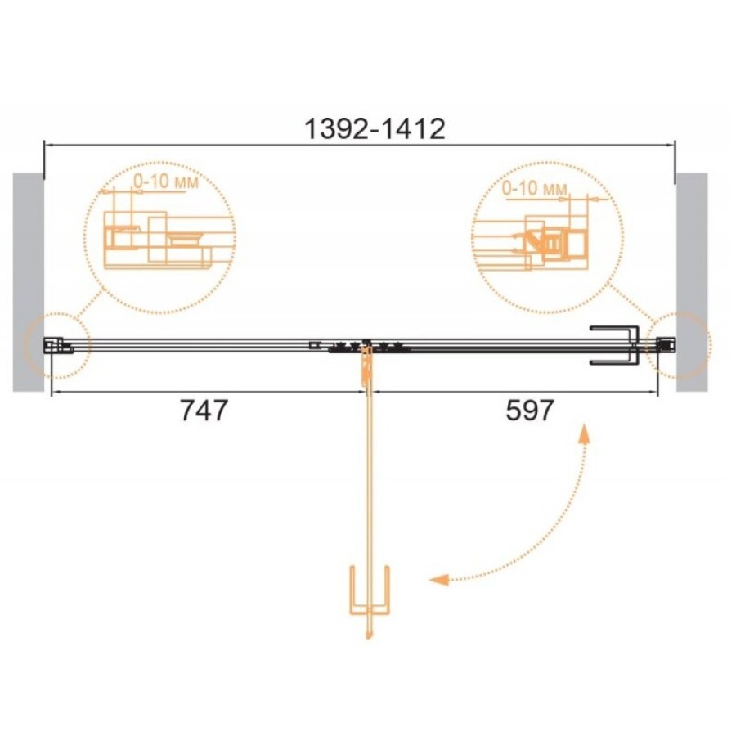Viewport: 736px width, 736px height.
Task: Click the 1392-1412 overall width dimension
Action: click(375, 129)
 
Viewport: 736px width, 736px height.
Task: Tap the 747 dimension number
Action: click(204, 411)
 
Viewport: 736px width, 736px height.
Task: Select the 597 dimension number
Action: click(530, 411)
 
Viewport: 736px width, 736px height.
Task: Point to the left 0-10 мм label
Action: click(166, 182)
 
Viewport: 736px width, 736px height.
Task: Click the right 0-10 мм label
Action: click(535, 189)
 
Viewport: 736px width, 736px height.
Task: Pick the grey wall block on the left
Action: click(28, 282)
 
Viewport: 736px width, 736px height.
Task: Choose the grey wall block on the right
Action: click(692, 282)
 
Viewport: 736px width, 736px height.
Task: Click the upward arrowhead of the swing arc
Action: click(584, 434)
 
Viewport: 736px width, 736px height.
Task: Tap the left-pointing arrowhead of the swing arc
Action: click(439, 580)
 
